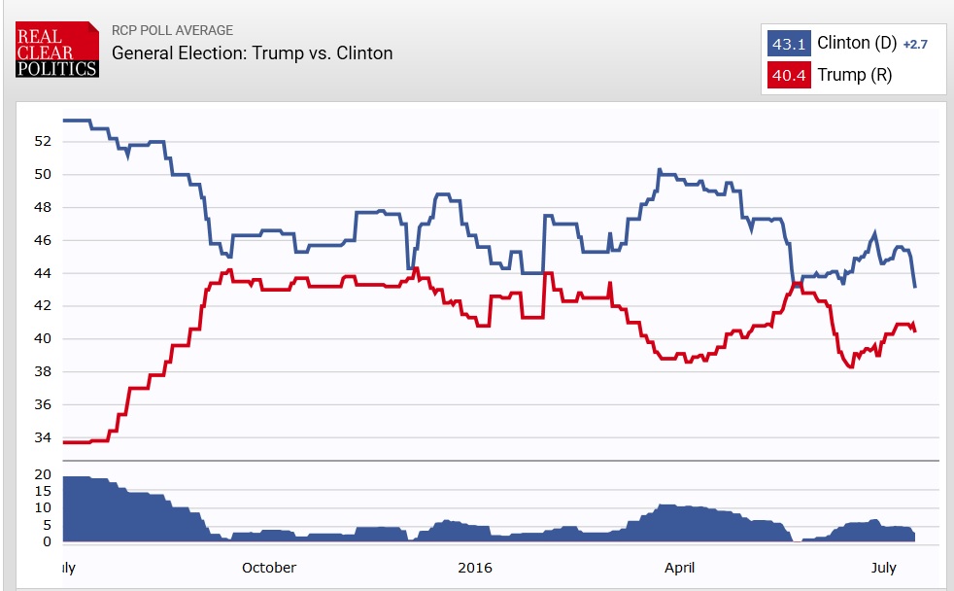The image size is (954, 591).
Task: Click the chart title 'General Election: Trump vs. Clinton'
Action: tap(253, 52)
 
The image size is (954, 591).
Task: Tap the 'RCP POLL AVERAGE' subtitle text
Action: tap(173, 30)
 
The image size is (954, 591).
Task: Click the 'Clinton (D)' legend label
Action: tap(856, 43)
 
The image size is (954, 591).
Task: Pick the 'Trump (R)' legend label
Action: tap(854, 75)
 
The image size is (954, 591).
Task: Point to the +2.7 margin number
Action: tap(917, 45)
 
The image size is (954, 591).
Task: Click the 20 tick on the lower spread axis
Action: tap(42, 474)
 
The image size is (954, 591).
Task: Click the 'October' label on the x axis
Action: tap(269, 568)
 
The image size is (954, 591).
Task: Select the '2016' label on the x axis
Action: tap(475, 568)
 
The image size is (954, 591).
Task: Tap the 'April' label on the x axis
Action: tap(679, 568)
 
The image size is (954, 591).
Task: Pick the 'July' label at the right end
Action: tap(883, 568)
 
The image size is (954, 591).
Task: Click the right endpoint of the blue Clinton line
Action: tap(915, 287)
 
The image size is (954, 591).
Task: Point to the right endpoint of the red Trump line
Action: tap(915, 331)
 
